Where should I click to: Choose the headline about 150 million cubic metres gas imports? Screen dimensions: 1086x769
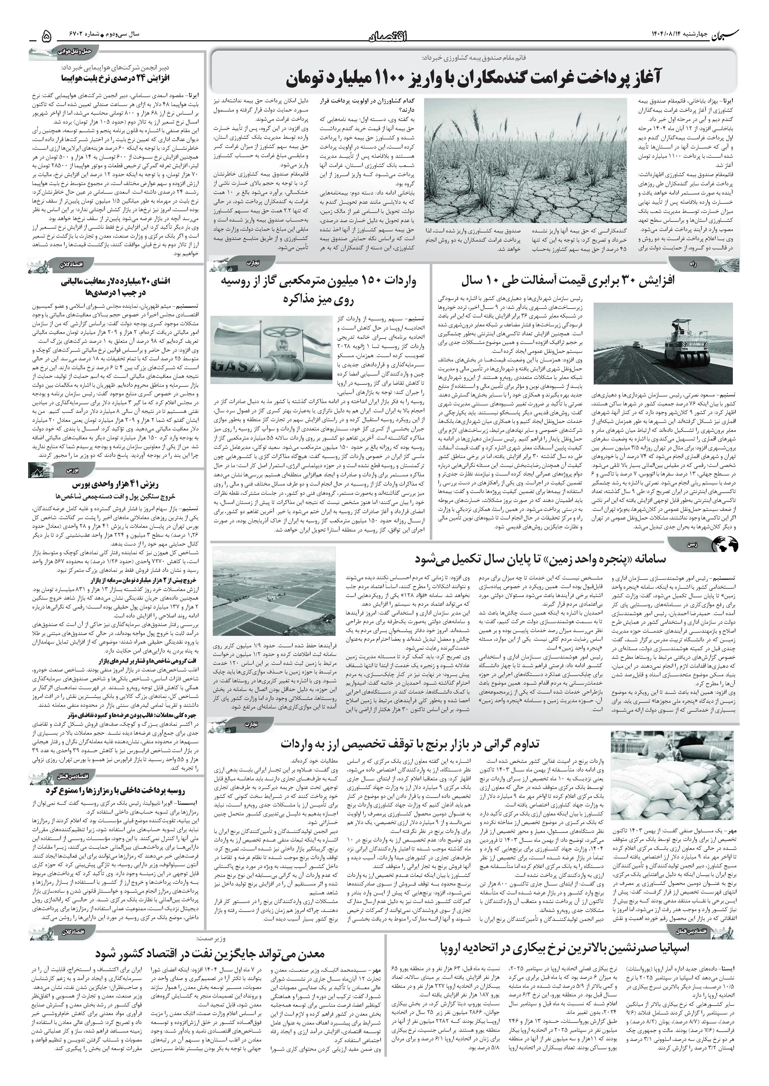pos(318,289)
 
